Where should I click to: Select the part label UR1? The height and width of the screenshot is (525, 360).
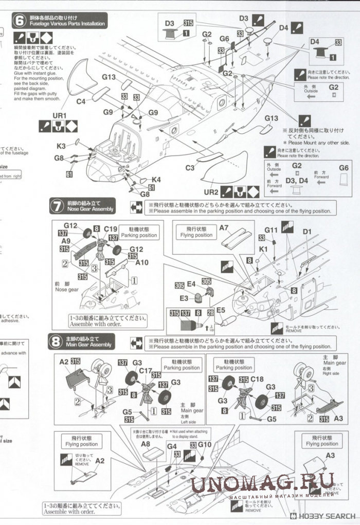[60, 115]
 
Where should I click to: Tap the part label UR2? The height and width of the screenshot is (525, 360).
[212, 192]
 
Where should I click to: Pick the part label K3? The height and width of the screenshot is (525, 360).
[61, 146]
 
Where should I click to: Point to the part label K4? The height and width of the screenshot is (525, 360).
[156, 180]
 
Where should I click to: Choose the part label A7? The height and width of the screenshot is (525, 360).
[224, 228]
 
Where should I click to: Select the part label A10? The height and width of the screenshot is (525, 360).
[142, 262]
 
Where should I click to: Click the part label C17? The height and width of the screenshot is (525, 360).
[146, 371]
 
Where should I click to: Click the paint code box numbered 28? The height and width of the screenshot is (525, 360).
[210, 312]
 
